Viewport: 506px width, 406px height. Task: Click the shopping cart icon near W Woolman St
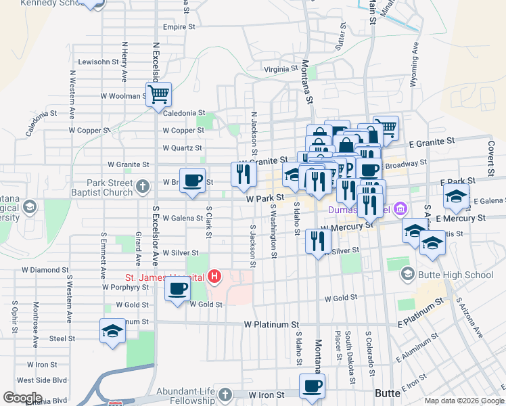pos(158,94)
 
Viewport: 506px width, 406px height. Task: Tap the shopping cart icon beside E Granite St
pos(386,127)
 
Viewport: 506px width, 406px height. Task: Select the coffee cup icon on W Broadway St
pos(192,180)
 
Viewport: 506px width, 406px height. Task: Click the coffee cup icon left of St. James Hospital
pos(178,289)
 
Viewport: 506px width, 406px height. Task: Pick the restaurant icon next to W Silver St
pos(317,241)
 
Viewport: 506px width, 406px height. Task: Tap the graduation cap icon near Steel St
pos(112,330)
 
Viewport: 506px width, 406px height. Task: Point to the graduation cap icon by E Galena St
pos(456,197)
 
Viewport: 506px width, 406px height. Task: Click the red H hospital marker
pos(214,276)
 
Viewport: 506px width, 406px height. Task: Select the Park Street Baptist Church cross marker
pos(142,185)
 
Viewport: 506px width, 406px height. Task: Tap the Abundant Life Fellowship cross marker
pos(227,394)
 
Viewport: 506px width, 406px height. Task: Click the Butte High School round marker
pos(407,274)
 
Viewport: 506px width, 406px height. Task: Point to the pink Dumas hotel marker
pos(399,208)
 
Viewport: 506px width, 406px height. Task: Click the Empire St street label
pos(179,28)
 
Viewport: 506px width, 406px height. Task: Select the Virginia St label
pos(281,69)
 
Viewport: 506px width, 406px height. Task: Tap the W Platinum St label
pos(271,325)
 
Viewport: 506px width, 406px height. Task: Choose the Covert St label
pos(492,158)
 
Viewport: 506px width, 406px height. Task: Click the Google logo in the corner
pos(22,397)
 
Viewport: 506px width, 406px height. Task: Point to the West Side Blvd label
pos(41,380)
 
